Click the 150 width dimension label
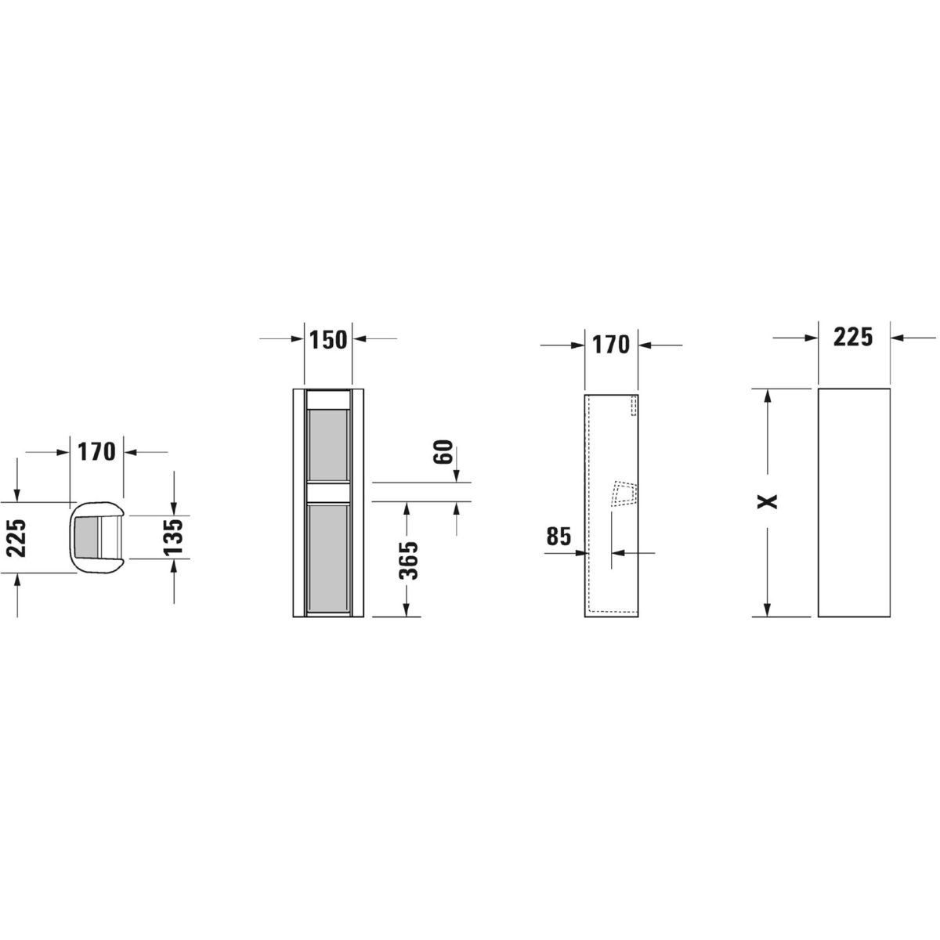coord(328,339)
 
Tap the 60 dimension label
coord(443,452)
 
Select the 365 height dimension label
coord(408,560)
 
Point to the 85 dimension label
coord(559,536)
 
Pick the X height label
coord(768,501)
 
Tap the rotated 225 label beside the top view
coord(16,538)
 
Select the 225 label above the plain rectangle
coord(853,337)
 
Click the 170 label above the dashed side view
coord(611,345)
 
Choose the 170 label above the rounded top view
coord(96,452)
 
